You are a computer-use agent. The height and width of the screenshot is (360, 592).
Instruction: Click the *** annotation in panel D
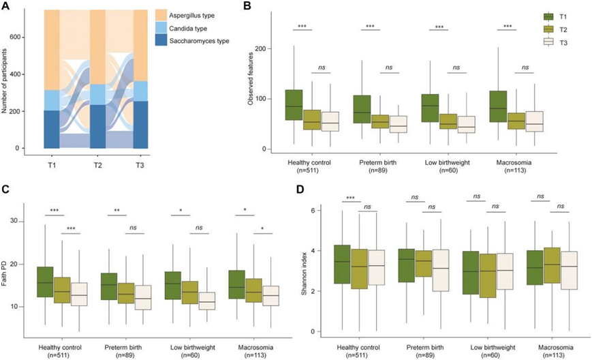pos(351,198)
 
